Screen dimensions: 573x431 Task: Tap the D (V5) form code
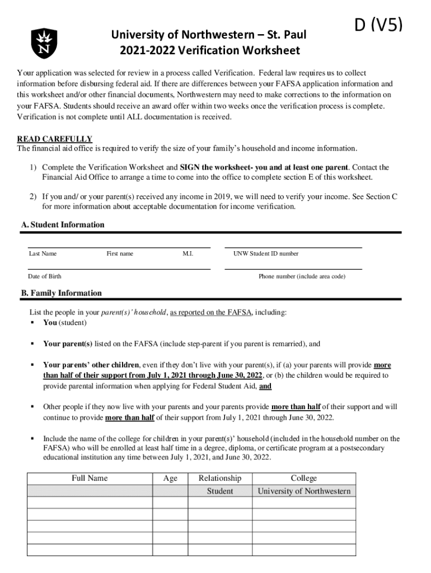378,25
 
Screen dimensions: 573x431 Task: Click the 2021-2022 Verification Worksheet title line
210,51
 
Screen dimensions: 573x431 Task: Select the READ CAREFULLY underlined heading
55,139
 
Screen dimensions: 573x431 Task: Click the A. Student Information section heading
63,225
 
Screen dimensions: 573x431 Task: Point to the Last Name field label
43,254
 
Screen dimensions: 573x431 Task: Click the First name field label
120,254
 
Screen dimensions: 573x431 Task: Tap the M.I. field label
188,254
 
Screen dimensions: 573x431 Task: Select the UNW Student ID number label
266,254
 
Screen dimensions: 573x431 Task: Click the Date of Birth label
45,276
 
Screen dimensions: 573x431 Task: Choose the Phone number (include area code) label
302,276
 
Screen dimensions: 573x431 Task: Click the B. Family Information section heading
62,293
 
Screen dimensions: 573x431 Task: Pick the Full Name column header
90,478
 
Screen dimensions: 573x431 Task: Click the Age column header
170,478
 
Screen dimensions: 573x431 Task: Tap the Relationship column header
220,478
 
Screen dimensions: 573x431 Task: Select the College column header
304,478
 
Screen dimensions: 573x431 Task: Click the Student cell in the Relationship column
220,491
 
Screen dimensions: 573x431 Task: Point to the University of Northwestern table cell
304,491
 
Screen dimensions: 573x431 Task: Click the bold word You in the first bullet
50,323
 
